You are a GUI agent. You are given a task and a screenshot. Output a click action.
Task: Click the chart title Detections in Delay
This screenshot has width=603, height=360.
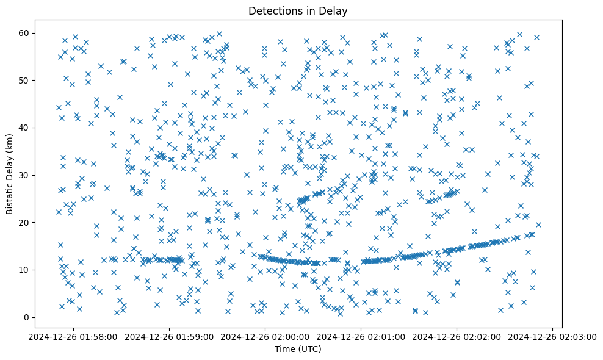(298, 10)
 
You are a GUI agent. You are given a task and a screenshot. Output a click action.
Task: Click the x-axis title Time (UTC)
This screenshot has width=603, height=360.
(298, 350)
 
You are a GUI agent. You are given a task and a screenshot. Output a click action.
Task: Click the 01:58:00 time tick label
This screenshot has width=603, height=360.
(74, 336)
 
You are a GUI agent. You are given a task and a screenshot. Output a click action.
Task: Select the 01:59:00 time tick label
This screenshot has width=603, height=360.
(170, 336)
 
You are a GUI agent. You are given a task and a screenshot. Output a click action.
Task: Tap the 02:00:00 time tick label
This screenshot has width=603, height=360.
(265, 336)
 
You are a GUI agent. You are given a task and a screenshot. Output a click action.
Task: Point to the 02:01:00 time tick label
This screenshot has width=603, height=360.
(361, 336)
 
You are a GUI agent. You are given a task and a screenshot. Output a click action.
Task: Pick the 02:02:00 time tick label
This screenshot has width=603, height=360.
(457, 336)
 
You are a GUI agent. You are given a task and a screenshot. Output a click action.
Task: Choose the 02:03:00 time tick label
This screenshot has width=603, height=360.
(552, 336)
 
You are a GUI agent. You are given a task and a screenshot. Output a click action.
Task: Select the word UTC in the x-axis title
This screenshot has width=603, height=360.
(309, 350)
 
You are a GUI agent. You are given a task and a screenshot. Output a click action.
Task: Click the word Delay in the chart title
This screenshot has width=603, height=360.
(336, 10)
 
